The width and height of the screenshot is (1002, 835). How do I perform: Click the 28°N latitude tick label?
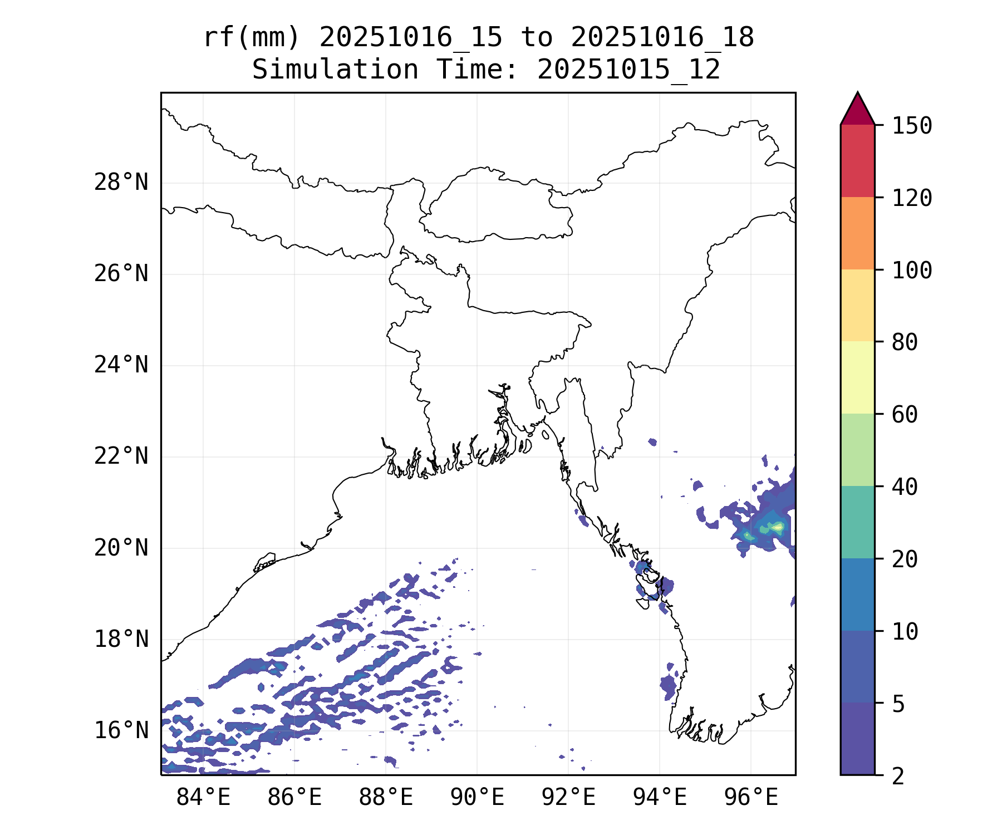coord(121,183)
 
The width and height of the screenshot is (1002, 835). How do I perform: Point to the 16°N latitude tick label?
coord(121,730)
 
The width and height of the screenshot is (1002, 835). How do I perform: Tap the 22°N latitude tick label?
coord(121,456)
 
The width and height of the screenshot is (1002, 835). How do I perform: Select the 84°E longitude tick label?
coord(203,798)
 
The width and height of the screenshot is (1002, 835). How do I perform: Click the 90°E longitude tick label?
coord(477,798)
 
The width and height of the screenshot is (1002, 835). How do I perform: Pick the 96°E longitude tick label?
coord(751,798)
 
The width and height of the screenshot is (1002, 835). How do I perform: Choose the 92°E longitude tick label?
coord(568,798)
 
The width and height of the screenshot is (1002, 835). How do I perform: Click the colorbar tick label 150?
coord(912,126)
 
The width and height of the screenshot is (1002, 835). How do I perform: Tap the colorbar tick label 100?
coord(912,271)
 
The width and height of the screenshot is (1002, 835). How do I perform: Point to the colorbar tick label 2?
coord(898,777)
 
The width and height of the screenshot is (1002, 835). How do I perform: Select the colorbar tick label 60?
coord(905,415)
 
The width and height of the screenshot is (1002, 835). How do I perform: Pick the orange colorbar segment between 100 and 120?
coord(857,233)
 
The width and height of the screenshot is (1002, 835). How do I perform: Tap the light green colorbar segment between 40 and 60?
coord(857,450)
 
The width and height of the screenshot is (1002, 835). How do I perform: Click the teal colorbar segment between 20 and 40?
coord(857,522)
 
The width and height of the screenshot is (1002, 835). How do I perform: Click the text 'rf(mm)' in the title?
coord(252,38)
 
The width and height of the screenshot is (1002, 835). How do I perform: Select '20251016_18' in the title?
coord(662,38)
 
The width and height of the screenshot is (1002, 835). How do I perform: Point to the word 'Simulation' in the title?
coord(335,70)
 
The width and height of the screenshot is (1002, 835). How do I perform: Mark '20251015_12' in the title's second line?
coord(629,70)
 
